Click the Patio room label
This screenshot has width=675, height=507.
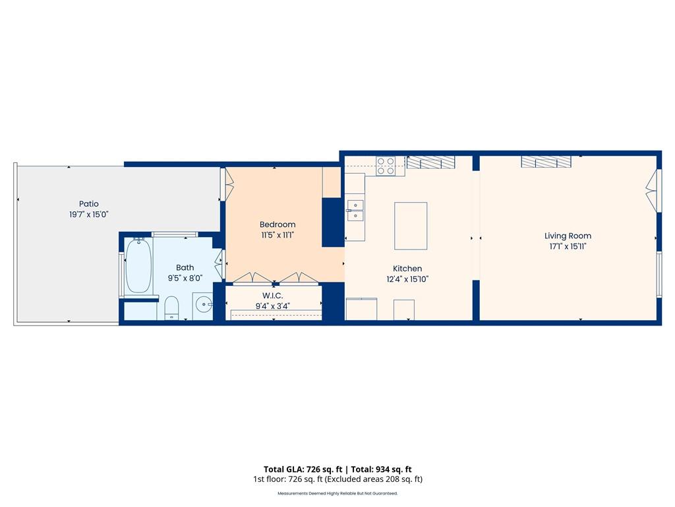(x=89, y=204)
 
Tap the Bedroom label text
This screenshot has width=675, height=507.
(x=278, y=224)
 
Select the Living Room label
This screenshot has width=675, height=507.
(x=568, y=236)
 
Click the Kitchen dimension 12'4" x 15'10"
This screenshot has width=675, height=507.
(x=407, y=279)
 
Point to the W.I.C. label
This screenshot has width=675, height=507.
(x=272, y=296)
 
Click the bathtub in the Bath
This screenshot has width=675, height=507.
(x=138, y=266)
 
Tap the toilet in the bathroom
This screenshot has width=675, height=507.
(x=172, y=308)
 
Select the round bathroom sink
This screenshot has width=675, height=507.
(x=203, y=305)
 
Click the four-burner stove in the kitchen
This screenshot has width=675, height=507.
(x=386, y=166)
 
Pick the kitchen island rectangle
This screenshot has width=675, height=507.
(x=411, y=226)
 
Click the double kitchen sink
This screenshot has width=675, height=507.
(x=355, y=211)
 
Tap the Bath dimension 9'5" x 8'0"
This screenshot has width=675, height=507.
(x=185, y=279)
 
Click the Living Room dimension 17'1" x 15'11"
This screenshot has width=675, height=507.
(x=568, y=247)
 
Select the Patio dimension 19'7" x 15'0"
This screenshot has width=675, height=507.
(x=89, y=215)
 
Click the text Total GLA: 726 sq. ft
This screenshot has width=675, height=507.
(x=303, y=469)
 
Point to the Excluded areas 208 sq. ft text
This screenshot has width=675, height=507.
(x=373, y=479)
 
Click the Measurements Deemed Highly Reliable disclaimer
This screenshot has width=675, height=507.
(x=337, y=493)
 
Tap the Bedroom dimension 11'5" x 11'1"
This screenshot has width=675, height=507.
(x=278, y=236)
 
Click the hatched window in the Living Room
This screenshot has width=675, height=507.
(x=546, y=162)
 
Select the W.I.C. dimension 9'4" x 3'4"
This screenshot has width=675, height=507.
(x=272, y=306)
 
